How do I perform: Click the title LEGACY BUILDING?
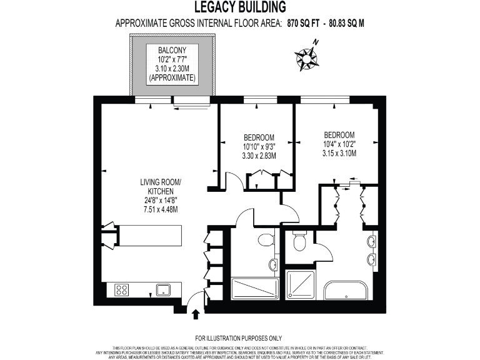point(240,7)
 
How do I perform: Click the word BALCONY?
point(171,50)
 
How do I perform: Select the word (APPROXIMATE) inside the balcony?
point(171,78)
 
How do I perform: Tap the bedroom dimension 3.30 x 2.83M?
point(258,156)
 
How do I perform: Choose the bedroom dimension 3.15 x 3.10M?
point(339,153)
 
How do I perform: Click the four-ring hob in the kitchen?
point(122,289)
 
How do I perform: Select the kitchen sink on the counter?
point(164,289)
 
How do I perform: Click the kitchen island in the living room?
point(149,236)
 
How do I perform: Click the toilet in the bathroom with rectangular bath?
point(266,239)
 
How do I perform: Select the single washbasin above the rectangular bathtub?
point(274,266)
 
